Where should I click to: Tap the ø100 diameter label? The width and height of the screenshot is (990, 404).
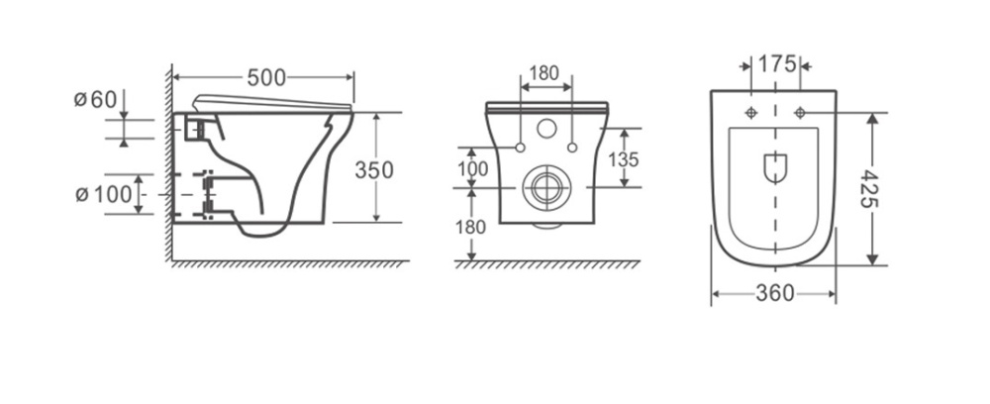point(104,194)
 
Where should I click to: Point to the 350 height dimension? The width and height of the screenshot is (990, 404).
point(374,168)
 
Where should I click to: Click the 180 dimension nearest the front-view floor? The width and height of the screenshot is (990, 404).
point(471,227)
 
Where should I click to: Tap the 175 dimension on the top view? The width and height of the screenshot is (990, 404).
point(777,64)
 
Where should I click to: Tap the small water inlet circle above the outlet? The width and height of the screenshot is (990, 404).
point(544,129)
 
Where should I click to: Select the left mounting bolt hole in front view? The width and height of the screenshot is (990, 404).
point(518,148)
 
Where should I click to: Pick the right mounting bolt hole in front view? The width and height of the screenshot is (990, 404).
point(571,148)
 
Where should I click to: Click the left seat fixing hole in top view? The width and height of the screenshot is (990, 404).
point(751,112)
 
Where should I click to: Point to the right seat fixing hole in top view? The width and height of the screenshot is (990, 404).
point(800,112)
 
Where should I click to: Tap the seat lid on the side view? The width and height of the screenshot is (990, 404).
point(272,100)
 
